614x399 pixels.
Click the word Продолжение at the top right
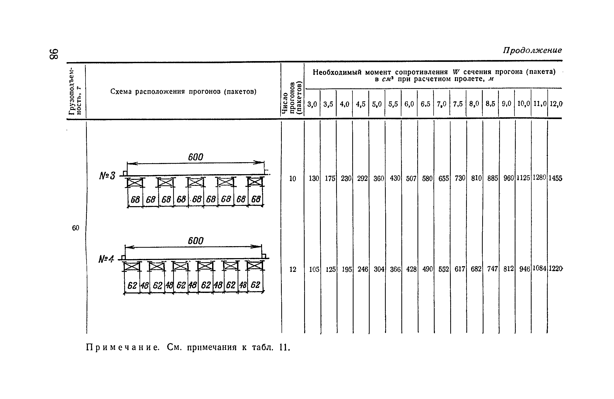532,50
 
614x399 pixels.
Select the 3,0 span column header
312,104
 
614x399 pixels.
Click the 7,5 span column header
458,104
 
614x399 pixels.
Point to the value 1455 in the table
555,178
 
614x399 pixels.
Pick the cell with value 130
314,178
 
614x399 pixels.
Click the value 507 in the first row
411,178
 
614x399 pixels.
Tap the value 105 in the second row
314,270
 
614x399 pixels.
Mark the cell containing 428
411,270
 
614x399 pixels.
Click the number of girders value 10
293,179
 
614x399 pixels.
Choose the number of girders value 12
293,270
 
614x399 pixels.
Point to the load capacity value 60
75,228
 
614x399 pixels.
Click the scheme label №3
107,176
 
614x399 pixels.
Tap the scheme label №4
106,259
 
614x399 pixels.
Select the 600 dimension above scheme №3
195,157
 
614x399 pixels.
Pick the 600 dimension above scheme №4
195,241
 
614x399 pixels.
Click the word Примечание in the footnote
122,347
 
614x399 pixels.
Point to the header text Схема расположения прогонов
183,91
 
